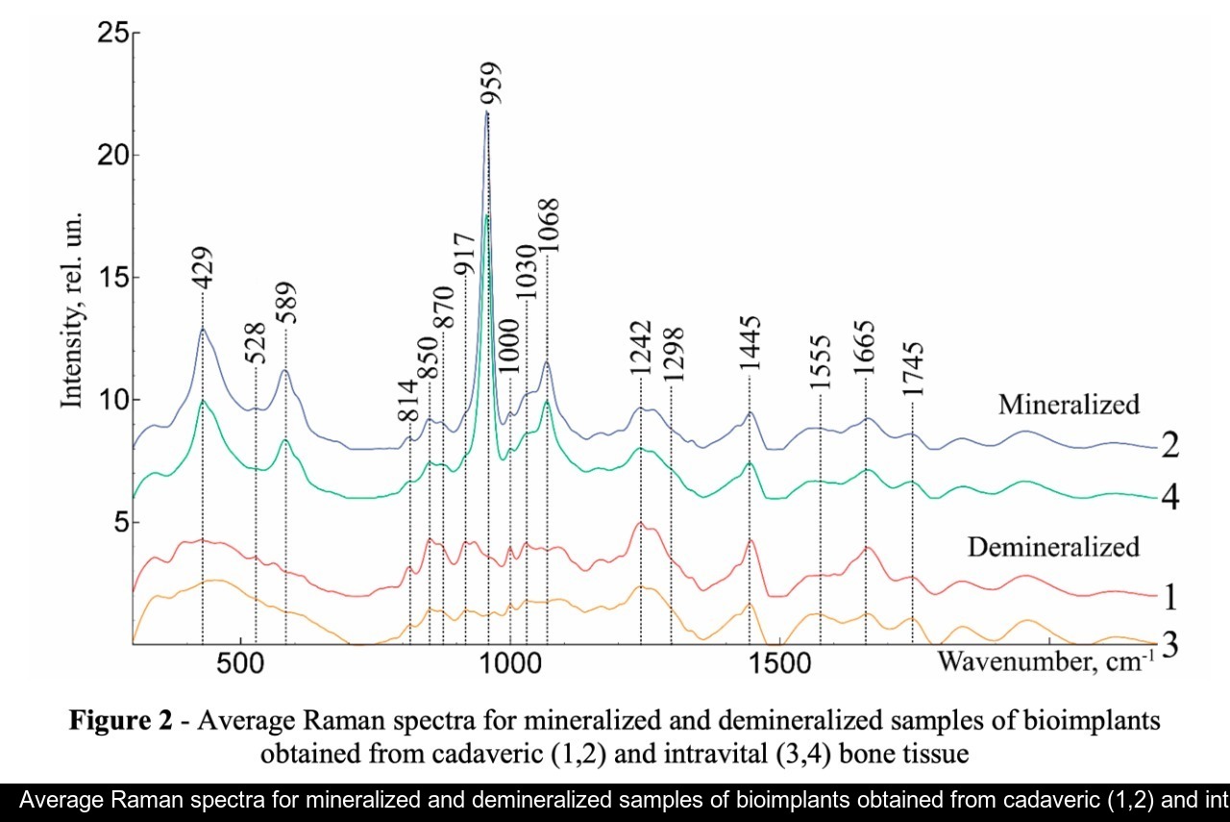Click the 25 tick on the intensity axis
coord(114,34)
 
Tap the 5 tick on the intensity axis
coord(123,523)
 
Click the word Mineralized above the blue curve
coord(1069,404)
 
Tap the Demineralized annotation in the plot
coord(1053,547)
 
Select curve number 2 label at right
coord(1169,447)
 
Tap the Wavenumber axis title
coord(1042,661)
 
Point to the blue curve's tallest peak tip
coord(487,112)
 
